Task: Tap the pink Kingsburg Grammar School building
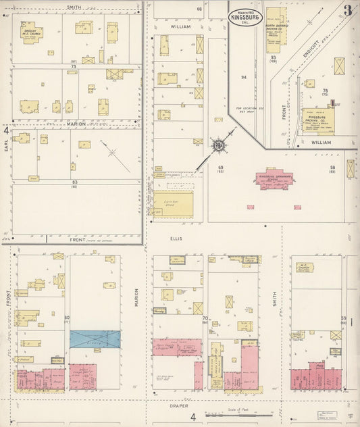274,179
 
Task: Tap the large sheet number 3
346,9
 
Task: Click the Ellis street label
176,238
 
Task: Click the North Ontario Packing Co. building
274,30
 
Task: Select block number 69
220,166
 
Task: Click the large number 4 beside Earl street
6,129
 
